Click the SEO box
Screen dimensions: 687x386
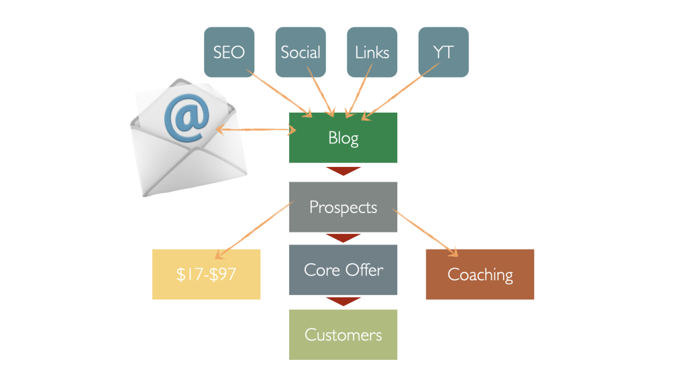click(x=229, y=52)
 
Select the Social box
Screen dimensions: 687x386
click(x=301, y=52)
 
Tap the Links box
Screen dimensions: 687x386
click(x=372, y=52)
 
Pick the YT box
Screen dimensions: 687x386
click(x=443, y=52)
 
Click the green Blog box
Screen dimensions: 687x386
click(x=343, y=137)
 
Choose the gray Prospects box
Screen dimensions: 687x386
click(x=343, y=207)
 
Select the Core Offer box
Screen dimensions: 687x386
click(x=343, y=269)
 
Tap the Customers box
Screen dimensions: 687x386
click(x=343, y=335)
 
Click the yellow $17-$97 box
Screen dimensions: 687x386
click(x=207, y=274)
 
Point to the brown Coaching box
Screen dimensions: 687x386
click(x=480, y=274)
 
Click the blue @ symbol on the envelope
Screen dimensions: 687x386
click(x=187, y=117)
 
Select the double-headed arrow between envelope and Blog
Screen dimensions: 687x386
click(x=256, y=129)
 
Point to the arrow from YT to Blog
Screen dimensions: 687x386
click(x=401, y=91)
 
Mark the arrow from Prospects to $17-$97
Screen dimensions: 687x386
click(x=254, y=230)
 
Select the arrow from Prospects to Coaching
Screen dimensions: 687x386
click(x=425, y=233)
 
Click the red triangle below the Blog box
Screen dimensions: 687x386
click(x=343, y=171)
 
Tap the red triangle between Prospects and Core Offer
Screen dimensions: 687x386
click(x=343, y=238)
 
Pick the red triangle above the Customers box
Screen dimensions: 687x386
click(x=343, y=302)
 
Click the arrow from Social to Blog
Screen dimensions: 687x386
click(x=321, y=91)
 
